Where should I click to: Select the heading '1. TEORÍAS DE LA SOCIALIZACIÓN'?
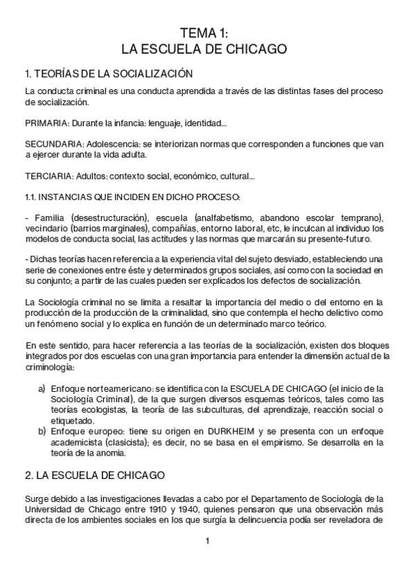[x=108, y=73]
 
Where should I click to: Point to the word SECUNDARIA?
[x=47, y=146]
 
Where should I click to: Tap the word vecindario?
[x=46, y=228]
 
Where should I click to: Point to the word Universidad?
[x=46, y=509]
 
